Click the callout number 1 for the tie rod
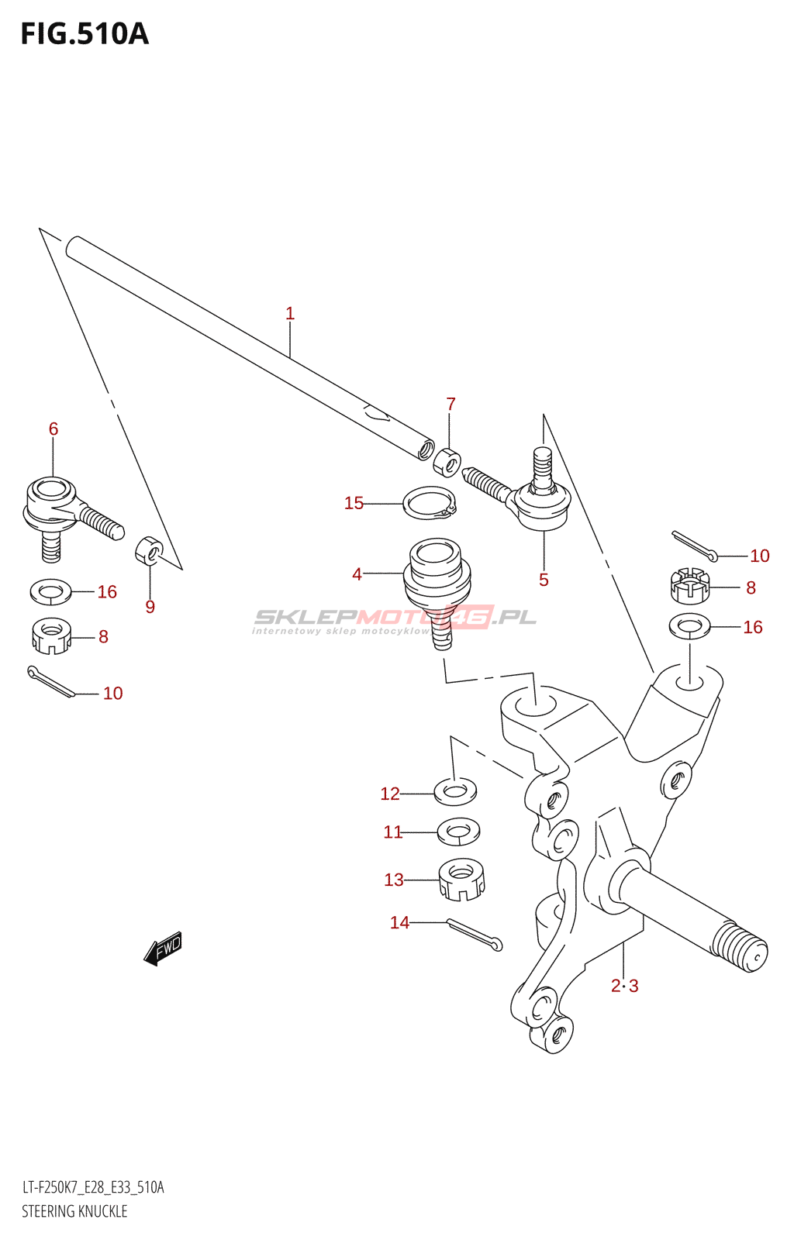290,314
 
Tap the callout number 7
451,404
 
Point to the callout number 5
544,580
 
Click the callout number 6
54,429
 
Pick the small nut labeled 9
149,550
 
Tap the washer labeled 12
455,791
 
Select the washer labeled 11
458,832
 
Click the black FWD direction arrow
163,948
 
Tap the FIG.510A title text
85,34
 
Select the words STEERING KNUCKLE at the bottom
74,1211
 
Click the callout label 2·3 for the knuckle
624,986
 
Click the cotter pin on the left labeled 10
50,680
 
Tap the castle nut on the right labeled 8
689,586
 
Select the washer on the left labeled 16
50,591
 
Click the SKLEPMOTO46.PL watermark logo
395,618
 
